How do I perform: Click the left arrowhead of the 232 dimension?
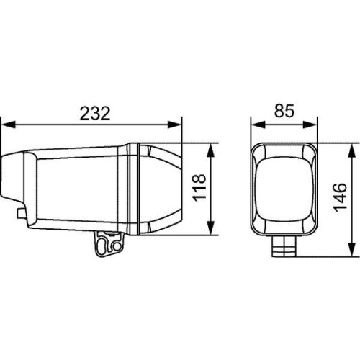pyautogui.click(x=5, y=125)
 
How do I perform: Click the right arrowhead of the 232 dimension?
pyautogui.click(x=180, y=125)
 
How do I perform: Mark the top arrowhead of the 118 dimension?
pyautogui.click(x=210, y=146)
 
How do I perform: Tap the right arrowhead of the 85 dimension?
pyautogui.click(x=315, y=125)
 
